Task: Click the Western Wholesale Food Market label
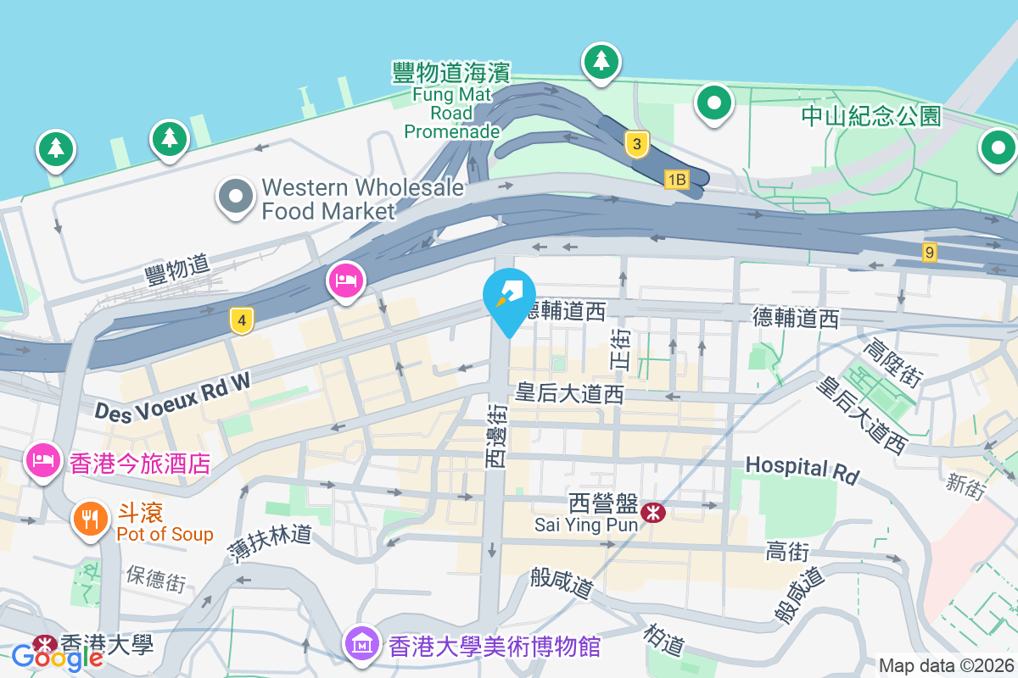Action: tap(363, 198)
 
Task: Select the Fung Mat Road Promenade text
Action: tap(451, 101)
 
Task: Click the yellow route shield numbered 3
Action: tap(636, 144)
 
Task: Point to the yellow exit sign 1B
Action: tap(675, 179)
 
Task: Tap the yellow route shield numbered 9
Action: tap(930, 252)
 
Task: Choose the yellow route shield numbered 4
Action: tap(242, 320)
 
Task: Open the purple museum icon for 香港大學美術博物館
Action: tap(362, 645)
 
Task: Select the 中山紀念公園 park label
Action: tap(871, 116)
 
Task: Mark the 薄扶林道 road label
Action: tap(270, 543)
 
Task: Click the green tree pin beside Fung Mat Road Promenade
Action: tap(601, 62)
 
